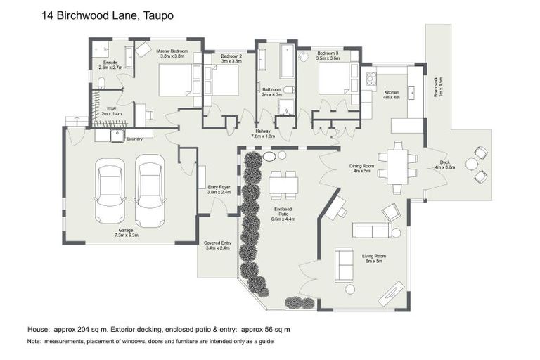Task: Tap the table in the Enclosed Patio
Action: [x=283, y=184]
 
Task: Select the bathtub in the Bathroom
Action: [x=287, y=63]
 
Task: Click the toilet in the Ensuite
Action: [x=102, y=83]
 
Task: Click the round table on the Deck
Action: [x=471, y=164]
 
